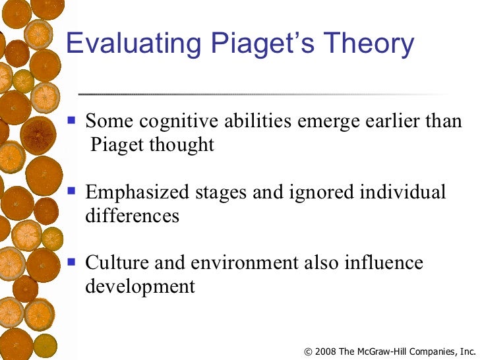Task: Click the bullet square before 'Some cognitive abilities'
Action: click(73, 121)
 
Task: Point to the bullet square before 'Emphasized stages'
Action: click(73, 192)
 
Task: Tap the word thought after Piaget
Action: click(182, 145)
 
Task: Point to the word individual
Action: click(404, 193)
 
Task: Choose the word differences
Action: click(132, 216)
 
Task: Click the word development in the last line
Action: click(140, 287)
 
